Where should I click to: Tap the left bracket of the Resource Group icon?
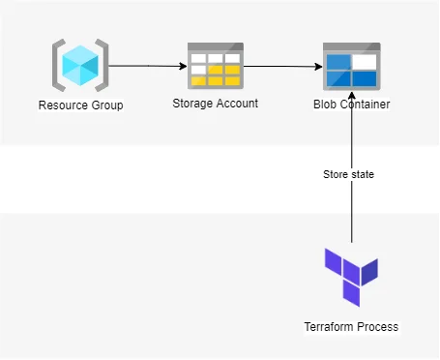[58, 66]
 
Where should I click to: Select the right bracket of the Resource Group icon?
[103, 66]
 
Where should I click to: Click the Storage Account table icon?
[215, 67]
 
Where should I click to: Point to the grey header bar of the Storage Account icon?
[215, 47]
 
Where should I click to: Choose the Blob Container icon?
[351, 67]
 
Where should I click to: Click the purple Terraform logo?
[351, 276]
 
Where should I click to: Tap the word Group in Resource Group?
[106, 105]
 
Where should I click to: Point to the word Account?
[237, 104]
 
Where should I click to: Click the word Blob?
[326, 105]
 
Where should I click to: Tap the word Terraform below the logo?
[332, 327]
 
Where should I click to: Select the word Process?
[378, 327]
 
